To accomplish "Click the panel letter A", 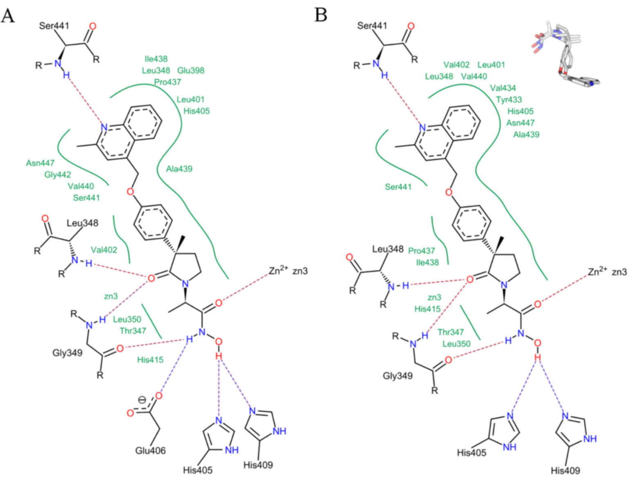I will [8, 15].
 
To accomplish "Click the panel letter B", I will [321, 15].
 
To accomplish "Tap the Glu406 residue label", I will [150, 451].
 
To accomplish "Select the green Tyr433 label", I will [509, 99].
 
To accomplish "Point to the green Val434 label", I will [503, 88].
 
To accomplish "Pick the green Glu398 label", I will [191, 70].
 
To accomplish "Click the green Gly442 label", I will [58, 175].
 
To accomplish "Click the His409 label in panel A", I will [258, 465].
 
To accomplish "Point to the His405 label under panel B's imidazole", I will [472, 453].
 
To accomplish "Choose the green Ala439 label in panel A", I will [179, 169].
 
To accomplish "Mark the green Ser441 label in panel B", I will [398, 187].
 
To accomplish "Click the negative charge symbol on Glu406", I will [142, 400].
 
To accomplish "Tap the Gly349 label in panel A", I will [67, 352].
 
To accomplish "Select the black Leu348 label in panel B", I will [388, 249].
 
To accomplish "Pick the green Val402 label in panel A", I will [104, 250].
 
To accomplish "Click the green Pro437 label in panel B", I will [421, 251].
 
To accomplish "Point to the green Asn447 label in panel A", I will [40, 163].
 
